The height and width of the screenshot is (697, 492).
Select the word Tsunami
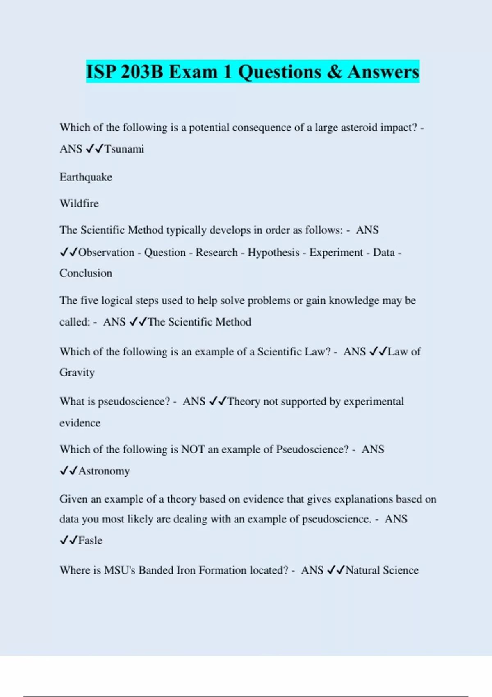click(124, 149)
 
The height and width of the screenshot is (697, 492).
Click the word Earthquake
click(86, 177)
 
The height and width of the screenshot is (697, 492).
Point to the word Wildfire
click(79, 203)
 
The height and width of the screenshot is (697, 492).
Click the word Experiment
click(336, 253)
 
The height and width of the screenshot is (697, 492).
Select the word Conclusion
click(86, 273)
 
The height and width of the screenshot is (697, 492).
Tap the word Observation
click(106, 253)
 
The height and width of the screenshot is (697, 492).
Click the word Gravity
click(77, 373)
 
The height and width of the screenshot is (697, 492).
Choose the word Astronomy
click(104, 471)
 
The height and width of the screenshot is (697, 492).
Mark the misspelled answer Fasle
click(90, 540)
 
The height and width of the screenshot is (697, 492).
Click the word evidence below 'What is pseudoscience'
click(80, 423)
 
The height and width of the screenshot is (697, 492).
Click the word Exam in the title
click(193, 72)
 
